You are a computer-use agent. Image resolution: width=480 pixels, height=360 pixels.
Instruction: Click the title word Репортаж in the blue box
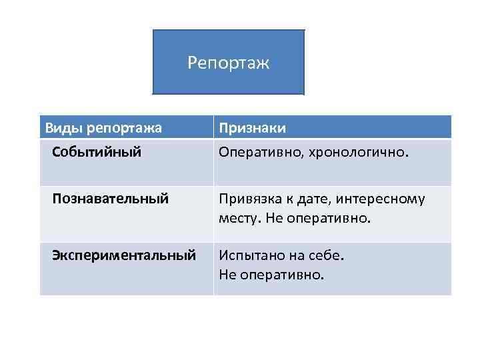pos(228,63)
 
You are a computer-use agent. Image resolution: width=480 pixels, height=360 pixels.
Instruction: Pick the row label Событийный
pos(97,152)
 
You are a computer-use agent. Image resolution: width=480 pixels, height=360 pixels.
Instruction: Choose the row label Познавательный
pos(110,198)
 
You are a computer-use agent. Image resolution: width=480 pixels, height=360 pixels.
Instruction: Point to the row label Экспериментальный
pos(124,255)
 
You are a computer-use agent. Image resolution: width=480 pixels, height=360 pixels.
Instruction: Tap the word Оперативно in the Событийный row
pos(259,152)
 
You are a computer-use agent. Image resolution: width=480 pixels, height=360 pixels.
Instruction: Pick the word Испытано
pos(249,255)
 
